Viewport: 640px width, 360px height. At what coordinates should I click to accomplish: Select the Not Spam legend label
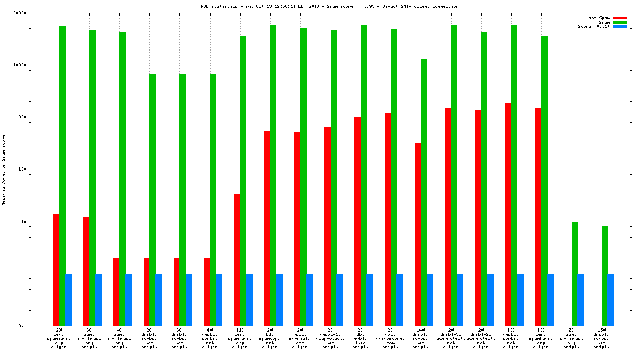pyautogui.click(x=599, y=18)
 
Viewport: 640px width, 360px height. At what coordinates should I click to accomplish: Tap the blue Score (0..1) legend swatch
pyautogui.click(x=619, y=26)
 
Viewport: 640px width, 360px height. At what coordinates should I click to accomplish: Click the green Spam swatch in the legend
pyautogui.click(x=619, y=22)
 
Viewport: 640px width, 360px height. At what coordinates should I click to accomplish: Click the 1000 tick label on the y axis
pyautogui.click(x=36, y=117)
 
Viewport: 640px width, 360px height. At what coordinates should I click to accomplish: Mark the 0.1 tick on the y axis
pyautogui.click(x=37, y=326)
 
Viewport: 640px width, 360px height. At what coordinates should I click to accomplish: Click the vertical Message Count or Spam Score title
pyautogui.click(x=4, y=169)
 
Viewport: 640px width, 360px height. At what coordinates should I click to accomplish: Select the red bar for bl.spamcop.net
pyautogui.click(x=267, y=228)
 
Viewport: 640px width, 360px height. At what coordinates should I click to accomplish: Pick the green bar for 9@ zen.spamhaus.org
pyautogui.click(x=575, y=274)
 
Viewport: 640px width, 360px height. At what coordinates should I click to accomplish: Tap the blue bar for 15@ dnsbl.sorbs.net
pyautogui.click(x=611, y=299)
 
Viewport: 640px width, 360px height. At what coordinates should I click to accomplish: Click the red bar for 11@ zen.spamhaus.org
pyautogui.click(x=237, y=259)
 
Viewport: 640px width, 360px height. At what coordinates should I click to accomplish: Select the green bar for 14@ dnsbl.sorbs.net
pyautogui.click(x=424, y=193)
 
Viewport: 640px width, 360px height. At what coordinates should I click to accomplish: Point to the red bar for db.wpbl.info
pyautogui.click(x=357, y=221)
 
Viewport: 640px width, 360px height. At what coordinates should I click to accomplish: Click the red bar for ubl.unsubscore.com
pyautogui.click(x=387, y=219)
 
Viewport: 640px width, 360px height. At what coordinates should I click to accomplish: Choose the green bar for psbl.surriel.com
pyautogui.click(x=303, y=177)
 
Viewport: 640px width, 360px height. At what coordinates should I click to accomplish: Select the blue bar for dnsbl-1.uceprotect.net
pyautogui.click(x=339, y=299)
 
